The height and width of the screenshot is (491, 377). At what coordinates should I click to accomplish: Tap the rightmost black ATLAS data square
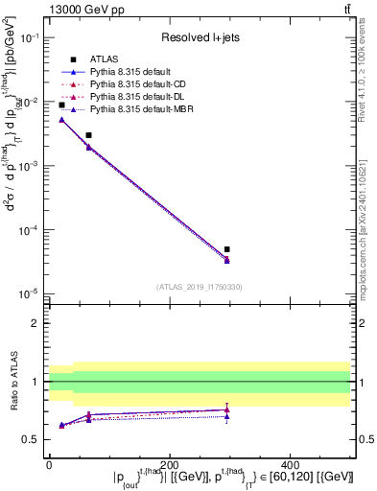click(226, 249)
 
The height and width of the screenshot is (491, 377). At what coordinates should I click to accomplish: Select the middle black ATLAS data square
click(88, 135)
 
